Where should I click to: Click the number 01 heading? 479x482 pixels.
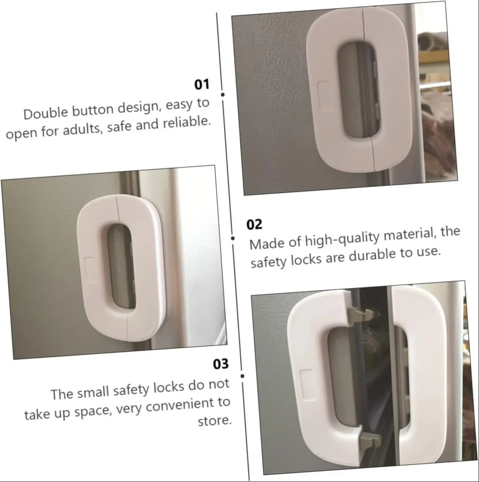pyautogui.click(x=202, y=84)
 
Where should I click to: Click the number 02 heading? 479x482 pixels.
pyautogui.click(x=254, y=224)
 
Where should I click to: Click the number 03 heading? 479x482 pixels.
pyautogui.click(x=221, y=364)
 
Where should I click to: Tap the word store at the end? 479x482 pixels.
pyautogui.click(x=215, y=421)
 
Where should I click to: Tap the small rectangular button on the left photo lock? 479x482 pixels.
pyautogui.click(x=89, y=266)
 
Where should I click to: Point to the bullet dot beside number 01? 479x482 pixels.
pyautogui.click(x=222, y=95)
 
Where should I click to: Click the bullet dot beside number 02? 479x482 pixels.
pyautogui.click(x=233, y=238)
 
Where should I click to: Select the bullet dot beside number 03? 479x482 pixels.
pyautogui.click(x=242, y=376)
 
